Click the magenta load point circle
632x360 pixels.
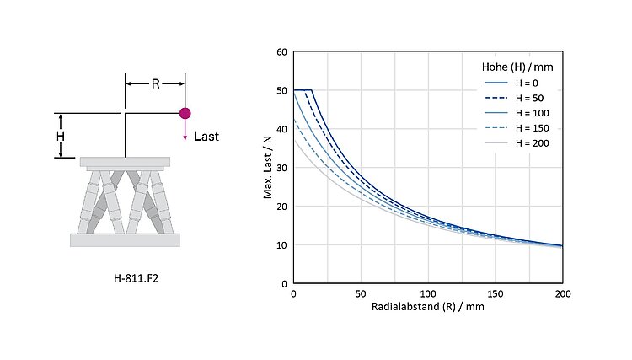(x=185, y=113)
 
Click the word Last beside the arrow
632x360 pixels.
(x=206, y=137)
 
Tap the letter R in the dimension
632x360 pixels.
(x=156, y=83)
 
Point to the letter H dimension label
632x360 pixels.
(x=61, y=136)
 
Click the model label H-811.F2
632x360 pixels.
(x=137, y=278)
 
